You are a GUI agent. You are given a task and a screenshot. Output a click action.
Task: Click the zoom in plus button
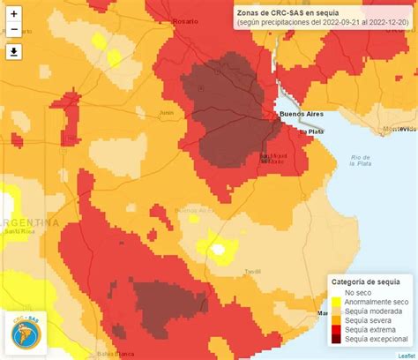coord(14,14)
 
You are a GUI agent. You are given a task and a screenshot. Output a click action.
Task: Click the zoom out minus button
coord(14,31)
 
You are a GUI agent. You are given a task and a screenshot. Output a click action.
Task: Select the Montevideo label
coord(398,129)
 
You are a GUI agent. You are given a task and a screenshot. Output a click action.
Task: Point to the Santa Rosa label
coord(18,231)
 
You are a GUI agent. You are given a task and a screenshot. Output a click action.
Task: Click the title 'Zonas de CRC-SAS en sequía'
coord(286,13)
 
